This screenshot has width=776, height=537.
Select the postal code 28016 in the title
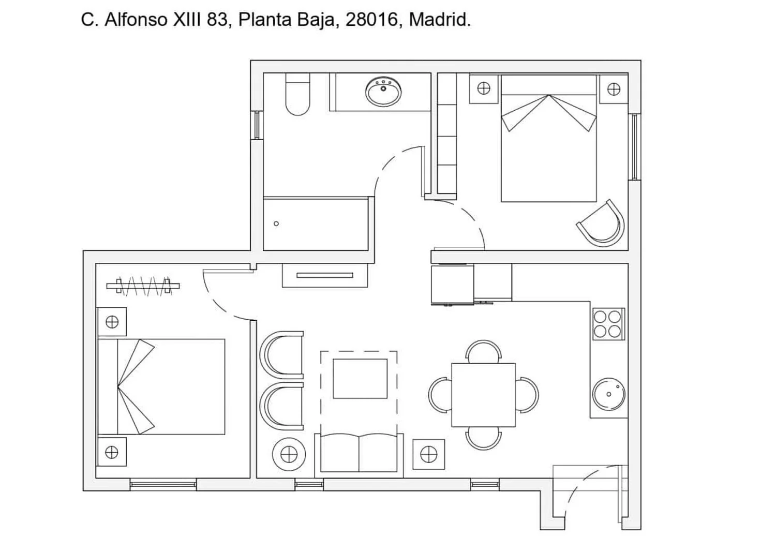[371, 20]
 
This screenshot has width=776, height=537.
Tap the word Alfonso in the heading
[136, 20]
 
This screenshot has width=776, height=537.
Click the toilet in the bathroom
[297, 94]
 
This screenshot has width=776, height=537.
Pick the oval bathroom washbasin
[383, 92]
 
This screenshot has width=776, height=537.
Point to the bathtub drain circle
[276, 224]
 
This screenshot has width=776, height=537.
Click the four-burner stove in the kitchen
[608, 324]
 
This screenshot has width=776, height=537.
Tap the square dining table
[483, 395]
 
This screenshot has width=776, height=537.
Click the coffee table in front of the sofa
[360, 379]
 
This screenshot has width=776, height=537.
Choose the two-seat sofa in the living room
[359, 453]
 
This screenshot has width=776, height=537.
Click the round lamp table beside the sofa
[289, 454]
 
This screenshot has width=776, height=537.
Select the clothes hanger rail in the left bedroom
[143, 286]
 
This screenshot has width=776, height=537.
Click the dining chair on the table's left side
[440, 395]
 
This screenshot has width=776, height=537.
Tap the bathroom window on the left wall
[257, 125]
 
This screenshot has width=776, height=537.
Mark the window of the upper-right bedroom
[635, 147]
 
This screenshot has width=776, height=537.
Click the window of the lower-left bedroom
[163, 484]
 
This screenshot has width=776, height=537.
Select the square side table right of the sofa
[428, 454]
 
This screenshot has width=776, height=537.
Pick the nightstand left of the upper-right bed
[484, 88]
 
